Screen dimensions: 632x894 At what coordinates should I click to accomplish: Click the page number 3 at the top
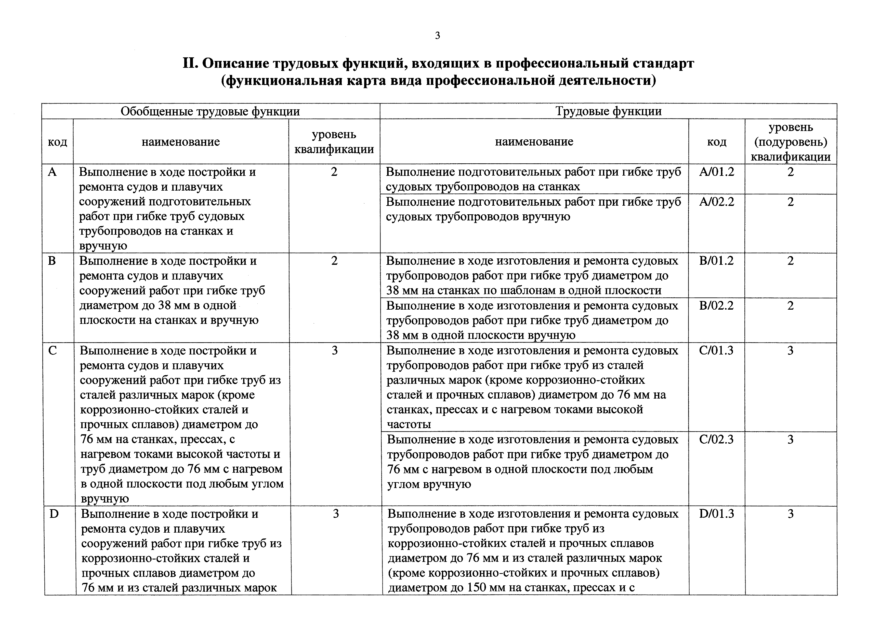coord(437,36)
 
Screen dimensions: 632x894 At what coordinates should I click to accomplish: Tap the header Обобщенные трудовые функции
coord(210,111)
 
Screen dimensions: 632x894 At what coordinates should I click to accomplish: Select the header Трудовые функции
coord(608,111)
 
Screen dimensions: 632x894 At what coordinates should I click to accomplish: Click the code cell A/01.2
coord(716,172)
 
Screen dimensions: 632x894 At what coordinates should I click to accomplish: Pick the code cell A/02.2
coord(716,202)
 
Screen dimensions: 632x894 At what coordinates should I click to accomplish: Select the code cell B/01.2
coord(716,260)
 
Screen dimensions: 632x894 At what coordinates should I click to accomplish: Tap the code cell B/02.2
coord(716,305)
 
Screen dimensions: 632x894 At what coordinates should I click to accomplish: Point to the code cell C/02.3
coord(716,439)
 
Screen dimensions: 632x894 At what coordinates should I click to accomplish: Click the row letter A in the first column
coord(52,172)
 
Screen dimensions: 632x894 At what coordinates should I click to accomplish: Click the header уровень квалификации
coord(334,142)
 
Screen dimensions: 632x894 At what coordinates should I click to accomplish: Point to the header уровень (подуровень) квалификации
coord(791,142)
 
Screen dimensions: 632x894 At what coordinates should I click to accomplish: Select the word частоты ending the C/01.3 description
coord(409,424)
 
